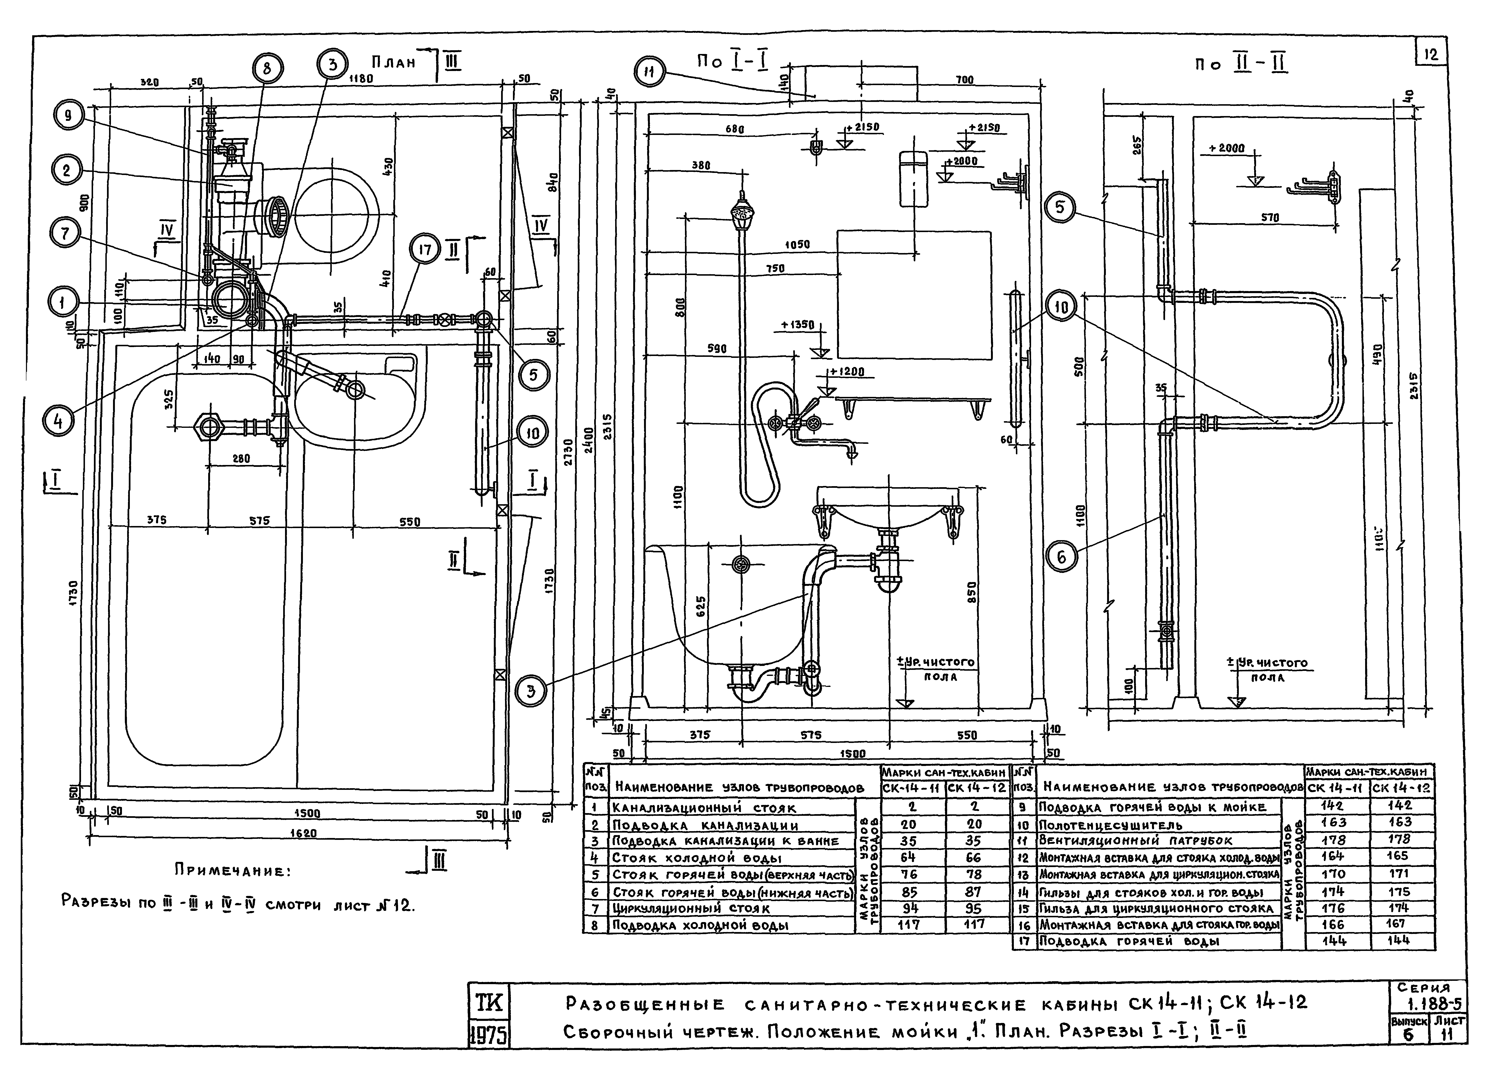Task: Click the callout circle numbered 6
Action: click(1061, 557)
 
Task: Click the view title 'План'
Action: click(393, 63)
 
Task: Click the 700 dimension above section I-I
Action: click(964, 80)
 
